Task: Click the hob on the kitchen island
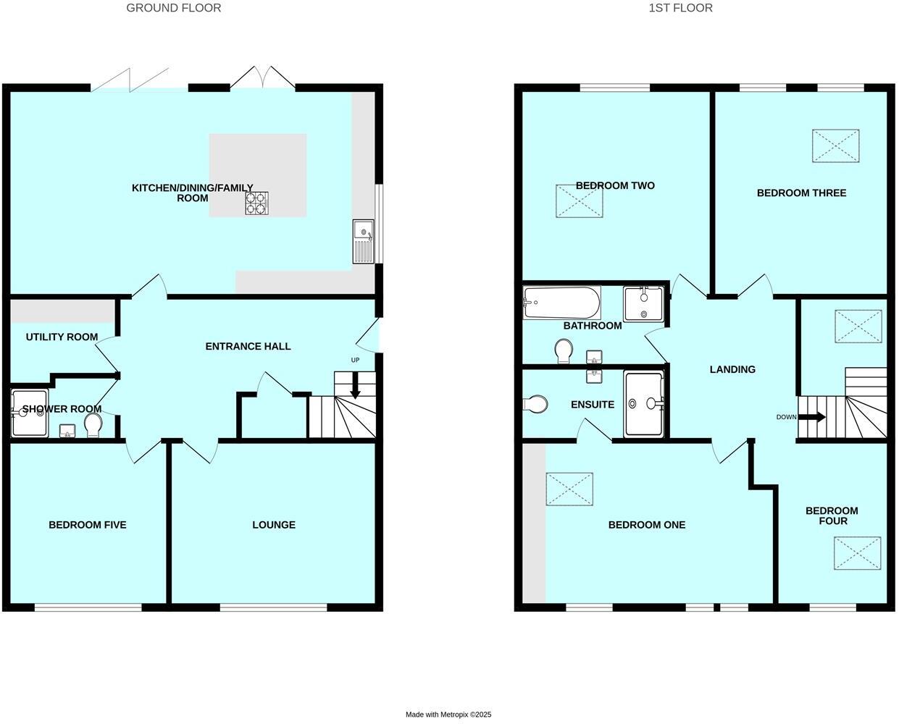256,203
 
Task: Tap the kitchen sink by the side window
363,240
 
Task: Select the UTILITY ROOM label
62,337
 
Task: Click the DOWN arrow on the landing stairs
811,417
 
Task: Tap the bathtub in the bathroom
562,303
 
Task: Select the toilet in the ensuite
537,404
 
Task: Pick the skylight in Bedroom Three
835,146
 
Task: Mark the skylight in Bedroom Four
857,553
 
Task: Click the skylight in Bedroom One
569,489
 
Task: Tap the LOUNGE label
274,525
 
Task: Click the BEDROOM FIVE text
87,525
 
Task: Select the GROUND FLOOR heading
174,8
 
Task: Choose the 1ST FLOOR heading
681,8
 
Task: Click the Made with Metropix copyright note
448,715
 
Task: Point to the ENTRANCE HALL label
248,346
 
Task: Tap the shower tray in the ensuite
643,404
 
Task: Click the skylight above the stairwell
858,326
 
